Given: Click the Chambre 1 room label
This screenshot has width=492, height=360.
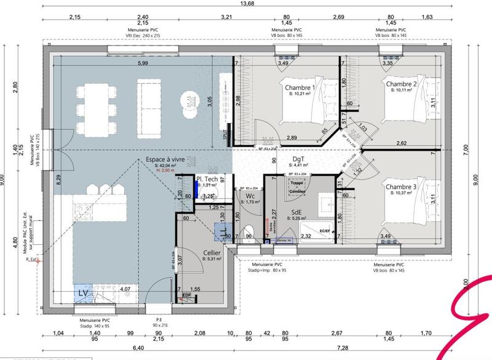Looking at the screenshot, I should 300,88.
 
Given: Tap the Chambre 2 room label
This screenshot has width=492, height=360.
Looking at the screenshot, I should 402,84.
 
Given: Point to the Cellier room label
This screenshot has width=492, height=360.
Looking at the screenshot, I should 212,253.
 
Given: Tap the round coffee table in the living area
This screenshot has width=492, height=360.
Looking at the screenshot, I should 189,100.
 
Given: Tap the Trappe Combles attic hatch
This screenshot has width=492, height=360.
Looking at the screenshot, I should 297,187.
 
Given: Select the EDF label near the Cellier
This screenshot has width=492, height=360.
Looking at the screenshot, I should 187,296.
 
